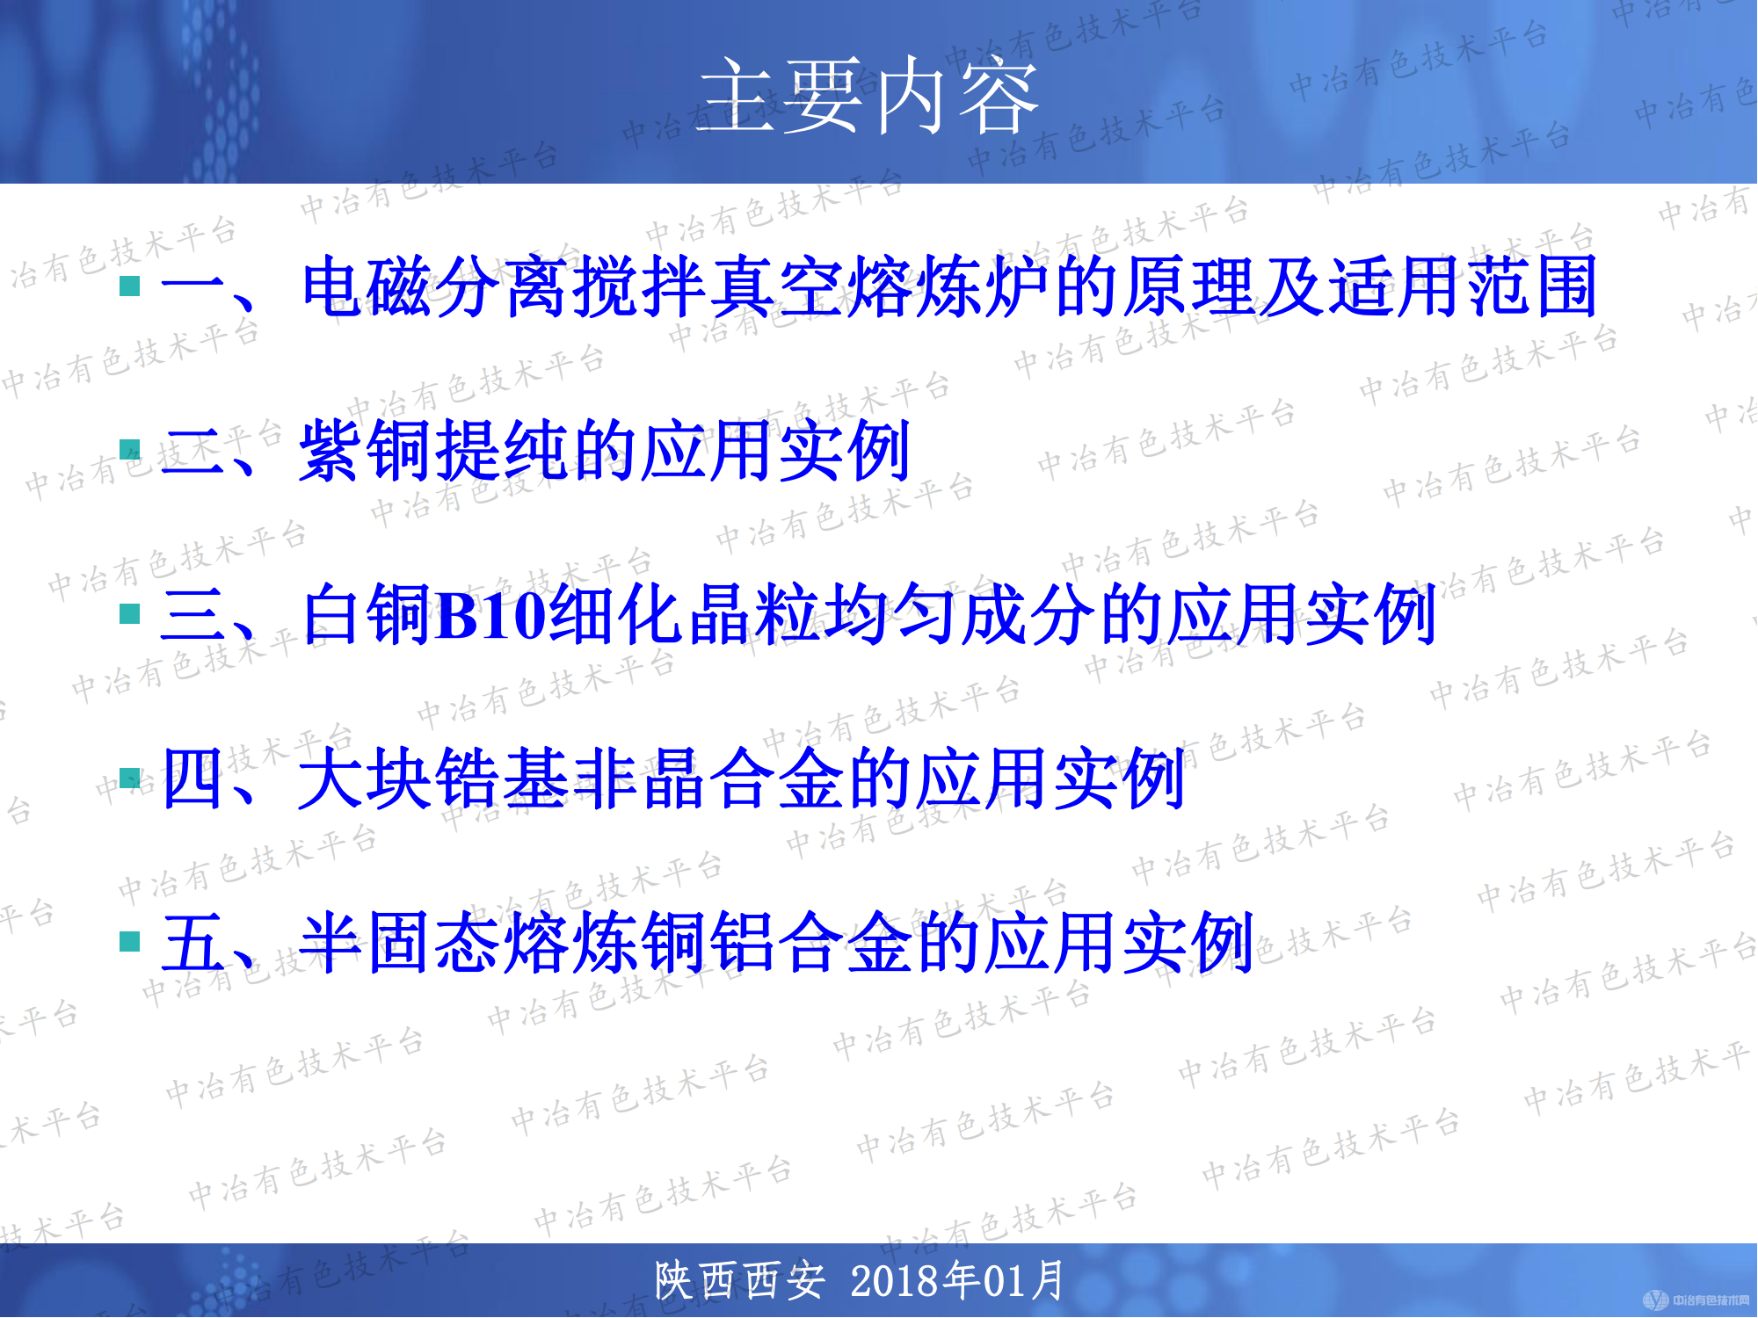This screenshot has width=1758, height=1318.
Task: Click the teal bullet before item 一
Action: point(130,286)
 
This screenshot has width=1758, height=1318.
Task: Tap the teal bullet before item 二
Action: point(130,450)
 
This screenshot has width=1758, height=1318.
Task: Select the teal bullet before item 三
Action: point(130,613)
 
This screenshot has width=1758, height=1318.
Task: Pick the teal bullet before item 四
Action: point(130,778)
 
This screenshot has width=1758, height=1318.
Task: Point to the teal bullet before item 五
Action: point(130,941)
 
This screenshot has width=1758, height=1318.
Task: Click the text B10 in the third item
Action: point(490,615)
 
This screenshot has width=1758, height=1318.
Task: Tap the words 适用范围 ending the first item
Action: point(1464,286)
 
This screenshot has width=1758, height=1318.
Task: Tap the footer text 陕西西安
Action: point(740,1280)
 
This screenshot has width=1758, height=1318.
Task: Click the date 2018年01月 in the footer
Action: point(958,1280)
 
